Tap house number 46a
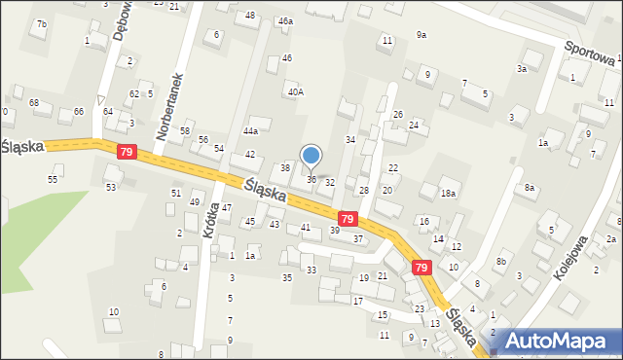coord(285,20)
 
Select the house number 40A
coord(295,91)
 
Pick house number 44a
coord(251,130)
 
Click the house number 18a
coord(448,194)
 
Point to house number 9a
coord(421,35)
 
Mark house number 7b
coord(41,23)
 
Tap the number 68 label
coord(33,102)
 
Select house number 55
coord(54,180)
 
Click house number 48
coord(250,16)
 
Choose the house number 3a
coord(522,69)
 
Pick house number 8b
coord(501,261)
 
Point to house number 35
coord(286,278)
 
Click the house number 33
coord(311,270)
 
